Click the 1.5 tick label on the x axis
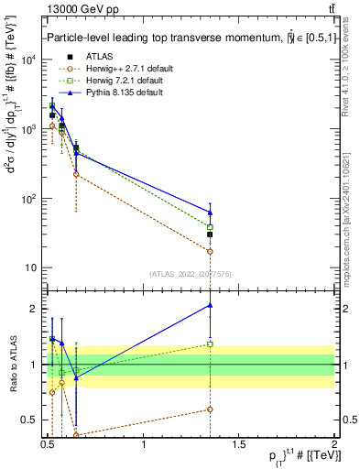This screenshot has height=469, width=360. pyautogui.click(x=239, y=447)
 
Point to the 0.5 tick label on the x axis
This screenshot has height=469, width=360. pyautogui.click(x=48, y=447)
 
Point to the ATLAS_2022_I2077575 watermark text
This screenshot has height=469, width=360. pyautogui.click(x=191, y=273)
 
